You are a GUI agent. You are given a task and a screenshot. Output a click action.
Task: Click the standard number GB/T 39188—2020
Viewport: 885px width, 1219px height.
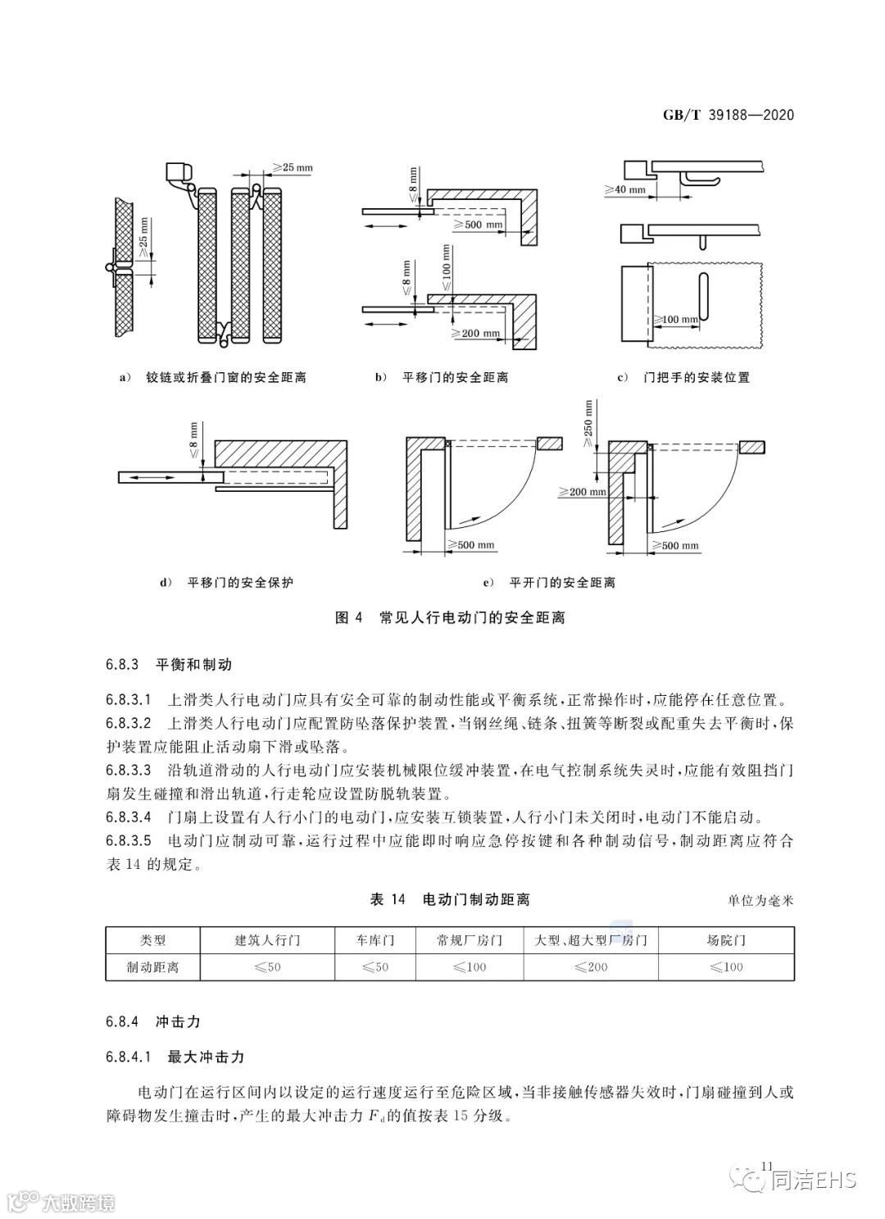click(728, 115)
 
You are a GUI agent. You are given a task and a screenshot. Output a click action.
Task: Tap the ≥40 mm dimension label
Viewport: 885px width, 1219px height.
click(626, 190)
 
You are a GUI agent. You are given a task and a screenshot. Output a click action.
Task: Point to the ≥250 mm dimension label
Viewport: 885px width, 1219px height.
click(588, 423)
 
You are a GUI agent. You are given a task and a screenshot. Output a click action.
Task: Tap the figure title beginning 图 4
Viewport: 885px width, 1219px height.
click(451, 617)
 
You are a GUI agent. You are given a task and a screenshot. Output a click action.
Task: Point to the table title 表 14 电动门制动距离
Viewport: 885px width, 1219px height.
click(450, 899)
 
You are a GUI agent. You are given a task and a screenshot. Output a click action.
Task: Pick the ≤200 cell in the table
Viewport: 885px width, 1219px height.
click(591, 967)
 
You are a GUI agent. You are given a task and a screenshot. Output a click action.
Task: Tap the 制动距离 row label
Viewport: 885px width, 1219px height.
click(152, 967)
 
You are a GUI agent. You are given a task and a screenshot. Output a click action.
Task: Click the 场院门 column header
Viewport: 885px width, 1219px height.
click(726, 939)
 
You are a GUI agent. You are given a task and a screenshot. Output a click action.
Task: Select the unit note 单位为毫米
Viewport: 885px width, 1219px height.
click(760, 901)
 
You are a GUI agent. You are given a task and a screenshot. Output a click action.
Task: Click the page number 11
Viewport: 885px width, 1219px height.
click(768, 1166)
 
